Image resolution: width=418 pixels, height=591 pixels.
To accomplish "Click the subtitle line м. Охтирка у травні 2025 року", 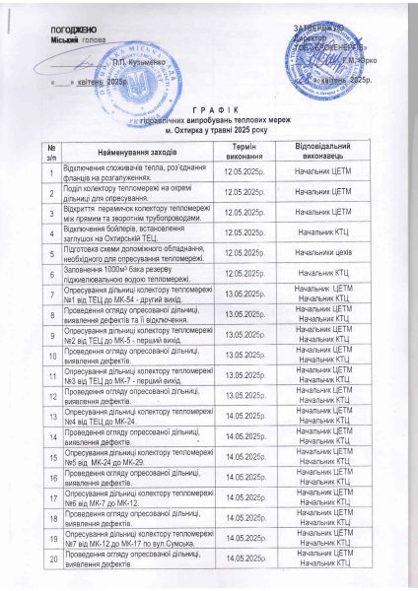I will (x=209, y=129).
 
